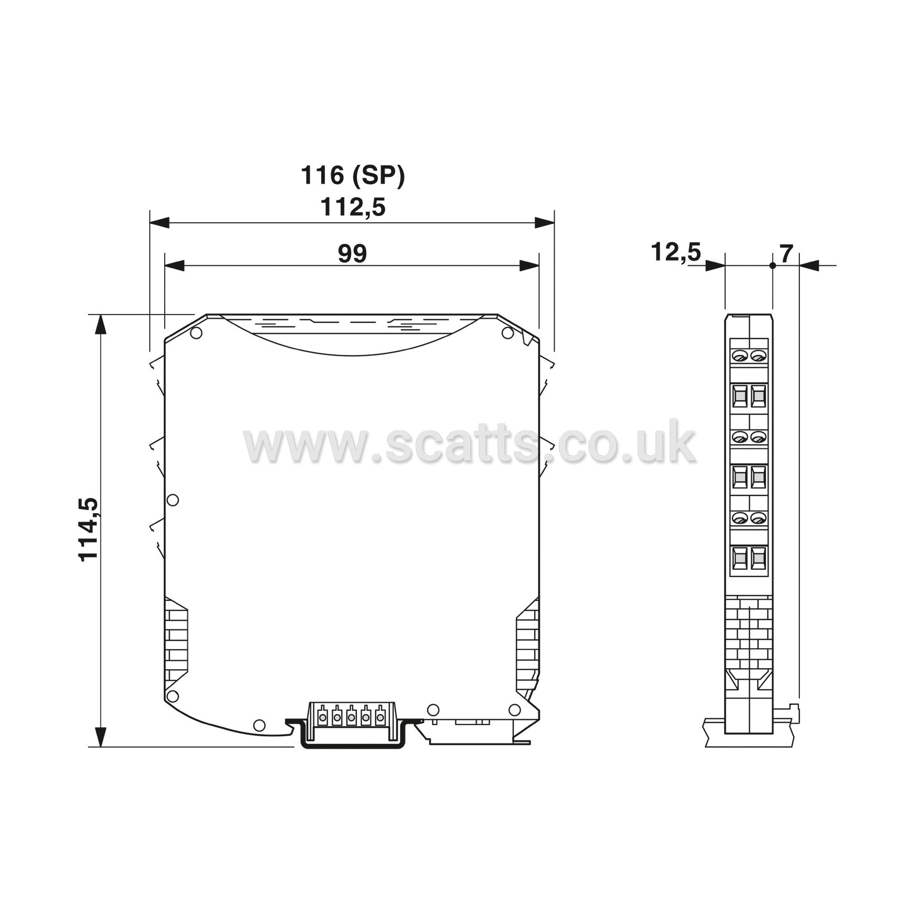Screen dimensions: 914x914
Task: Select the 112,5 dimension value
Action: pos(353,207)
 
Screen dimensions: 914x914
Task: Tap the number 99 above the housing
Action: pos(352,253)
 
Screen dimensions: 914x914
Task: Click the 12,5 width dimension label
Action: pos(675,252)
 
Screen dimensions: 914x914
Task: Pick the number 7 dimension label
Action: pos(786,254)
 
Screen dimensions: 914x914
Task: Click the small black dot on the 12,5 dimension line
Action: pos(772,266)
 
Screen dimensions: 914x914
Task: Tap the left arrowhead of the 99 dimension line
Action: pos(174,266)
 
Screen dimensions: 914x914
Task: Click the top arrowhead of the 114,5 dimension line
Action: pos(100,324)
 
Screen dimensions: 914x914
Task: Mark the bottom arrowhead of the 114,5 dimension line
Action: pos(100,736)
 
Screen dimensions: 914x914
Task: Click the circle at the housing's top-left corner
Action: pos(196,333)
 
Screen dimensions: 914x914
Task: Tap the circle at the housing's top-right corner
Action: pos(507,333)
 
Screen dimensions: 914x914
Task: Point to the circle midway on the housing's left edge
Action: pos(173,500)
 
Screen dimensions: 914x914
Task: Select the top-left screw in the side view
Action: pos(740,356)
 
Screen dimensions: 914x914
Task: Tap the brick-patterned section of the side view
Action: pos(749,633)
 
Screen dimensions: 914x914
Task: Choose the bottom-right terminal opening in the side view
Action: pos(758,559)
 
